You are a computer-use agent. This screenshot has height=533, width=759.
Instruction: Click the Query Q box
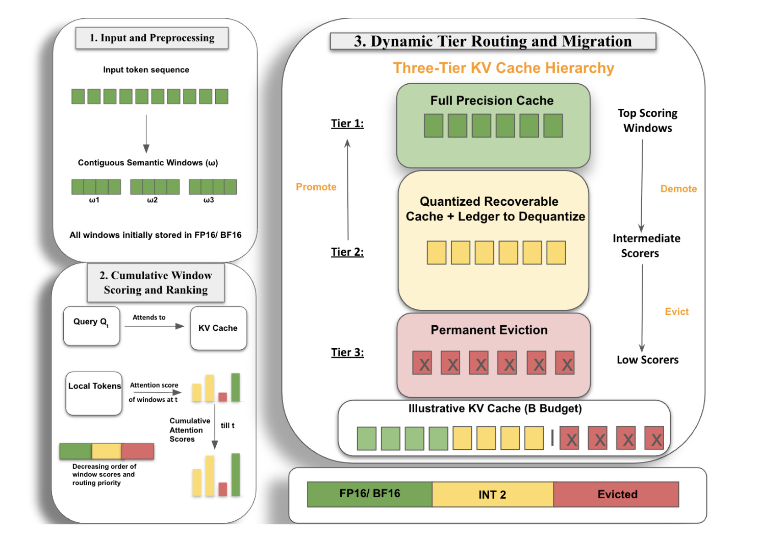[x=91, y=326]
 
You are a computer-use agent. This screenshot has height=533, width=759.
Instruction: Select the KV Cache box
[x=218, y=328]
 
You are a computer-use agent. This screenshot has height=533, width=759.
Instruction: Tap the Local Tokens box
[x=94, y=393]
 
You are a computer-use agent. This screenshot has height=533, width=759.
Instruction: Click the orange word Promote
[x=316, y=187]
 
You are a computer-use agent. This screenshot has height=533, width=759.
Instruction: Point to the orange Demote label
[x=678, y=188]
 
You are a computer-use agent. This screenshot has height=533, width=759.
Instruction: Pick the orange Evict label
[x=677, y=311]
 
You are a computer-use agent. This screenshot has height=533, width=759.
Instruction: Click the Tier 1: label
[x=347, y=124]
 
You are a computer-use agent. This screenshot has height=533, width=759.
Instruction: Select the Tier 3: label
[x=347, y=352]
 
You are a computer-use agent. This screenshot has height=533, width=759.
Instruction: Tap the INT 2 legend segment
[x=493, y=494]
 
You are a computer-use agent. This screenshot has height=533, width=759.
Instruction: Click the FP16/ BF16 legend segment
[x=370, y=494]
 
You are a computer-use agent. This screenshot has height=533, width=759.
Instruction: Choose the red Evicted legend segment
[x=616, y=494]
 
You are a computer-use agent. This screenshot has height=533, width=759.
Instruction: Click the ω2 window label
[x=152, y=200]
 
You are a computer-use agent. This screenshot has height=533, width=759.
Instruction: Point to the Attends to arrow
[x=154, y=326]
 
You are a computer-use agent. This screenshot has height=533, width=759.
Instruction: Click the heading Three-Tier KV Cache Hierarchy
[x=503, y=68]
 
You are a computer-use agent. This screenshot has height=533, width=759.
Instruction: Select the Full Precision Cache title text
[x=492, y=101]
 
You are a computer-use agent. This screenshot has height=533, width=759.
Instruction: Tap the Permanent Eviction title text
[x=489, y=330]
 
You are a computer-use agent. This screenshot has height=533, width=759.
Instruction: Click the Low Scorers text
[x=647, y=360]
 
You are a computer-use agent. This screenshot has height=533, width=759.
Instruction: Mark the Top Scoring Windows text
[x=647, y=120]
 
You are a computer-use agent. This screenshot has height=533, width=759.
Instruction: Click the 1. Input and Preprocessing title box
[x=152, y=38]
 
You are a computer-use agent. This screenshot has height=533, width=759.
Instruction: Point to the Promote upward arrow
[x=348, y=189]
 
